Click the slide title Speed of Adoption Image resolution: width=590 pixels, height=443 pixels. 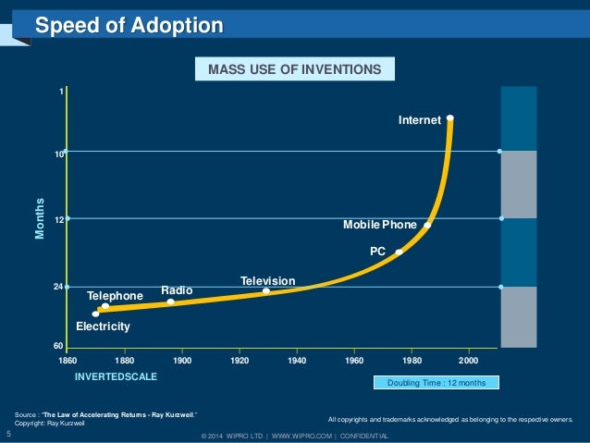point(129,25)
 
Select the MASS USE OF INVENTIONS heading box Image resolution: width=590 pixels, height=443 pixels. point(294,69)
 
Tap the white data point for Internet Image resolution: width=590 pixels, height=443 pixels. point(449,117)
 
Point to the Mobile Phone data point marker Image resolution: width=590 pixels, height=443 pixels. point(427,225)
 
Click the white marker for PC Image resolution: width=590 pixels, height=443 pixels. point(399,252)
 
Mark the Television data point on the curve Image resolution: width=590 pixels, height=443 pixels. point(266,291)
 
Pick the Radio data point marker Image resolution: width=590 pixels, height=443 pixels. point(170,301)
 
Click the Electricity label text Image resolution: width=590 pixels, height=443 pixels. point(103,326)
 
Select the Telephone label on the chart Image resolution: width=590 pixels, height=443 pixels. point(115,296)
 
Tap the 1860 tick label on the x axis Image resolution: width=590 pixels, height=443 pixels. point(68,359)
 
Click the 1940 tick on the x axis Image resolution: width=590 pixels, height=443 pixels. point(297,359)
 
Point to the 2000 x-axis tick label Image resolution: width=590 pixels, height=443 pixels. point(469,359)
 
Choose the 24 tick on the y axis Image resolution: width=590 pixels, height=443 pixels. point(57,287)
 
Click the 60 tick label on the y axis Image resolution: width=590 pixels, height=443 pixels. point(57,346)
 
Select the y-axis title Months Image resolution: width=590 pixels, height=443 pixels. point(41,218)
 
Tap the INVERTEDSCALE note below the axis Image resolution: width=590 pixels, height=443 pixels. point(116,377)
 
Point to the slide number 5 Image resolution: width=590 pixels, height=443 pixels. point(8,432)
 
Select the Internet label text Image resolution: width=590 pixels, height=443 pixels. point(419,119)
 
